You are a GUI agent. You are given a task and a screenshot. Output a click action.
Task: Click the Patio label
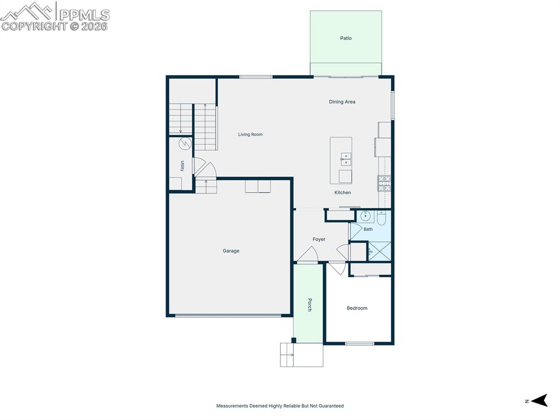pyautogui.click(x=346, y=38)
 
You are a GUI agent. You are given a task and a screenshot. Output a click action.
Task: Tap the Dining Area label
pyautogui.click(x=342, y=102)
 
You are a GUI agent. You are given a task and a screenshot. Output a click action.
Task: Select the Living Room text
pyautogui.click(x=250, y=134)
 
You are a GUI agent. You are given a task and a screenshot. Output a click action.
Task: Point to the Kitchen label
pyautogui.click(x=342, y=193)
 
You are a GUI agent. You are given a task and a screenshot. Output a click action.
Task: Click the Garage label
pyautogui.click(x=231, y=251)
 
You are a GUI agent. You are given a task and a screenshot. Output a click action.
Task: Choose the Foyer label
pyautogui.click(x=319, y=239)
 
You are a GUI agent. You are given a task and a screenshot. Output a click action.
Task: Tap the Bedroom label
pyautogui.click(x=357, y=308)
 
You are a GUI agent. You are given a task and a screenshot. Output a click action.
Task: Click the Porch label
pyautogui.click(x=310, y=305)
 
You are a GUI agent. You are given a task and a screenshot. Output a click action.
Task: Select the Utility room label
pyautogui.click(x=183, y=166)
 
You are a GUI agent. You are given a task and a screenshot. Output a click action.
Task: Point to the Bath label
pyautogui.click(x=368, y=229)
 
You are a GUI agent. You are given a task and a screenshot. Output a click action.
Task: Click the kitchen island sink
pyautogui.click(x=346, y=159)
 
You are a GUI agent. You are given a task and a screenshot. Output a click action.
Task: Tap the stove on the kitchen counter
pyautogui.click(x=384, y=182)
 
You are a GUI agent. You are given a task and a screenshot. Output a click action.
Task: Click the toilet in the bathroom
pyautogui.click(x=382, y=217)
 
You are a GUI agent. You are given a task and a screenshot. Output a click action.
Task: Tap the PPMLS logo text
pyautogui.click(x=84, y=15)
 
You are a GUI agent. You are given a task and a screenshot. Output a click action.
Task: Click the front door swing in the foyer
pyautogui.click(x=308, y=255)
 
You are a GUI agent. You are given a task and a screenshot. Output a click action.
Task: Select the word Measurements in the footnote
pyautogui.click(x=232, y=406)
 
